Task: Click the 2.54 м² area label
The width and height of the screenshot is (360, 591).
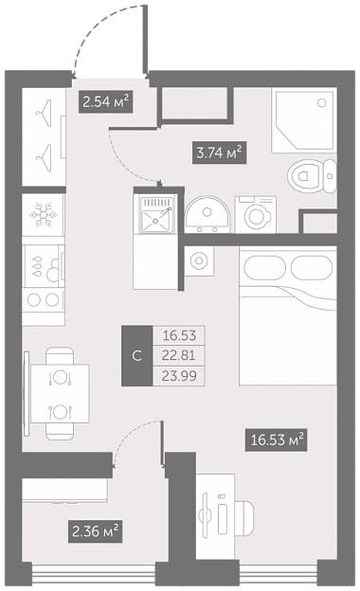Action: (105, 101)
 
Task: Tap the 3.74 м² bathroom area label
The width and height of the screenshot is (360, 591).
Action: (220, 152)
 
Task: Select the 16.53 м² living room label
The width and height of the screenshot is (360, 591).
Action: (277, 439)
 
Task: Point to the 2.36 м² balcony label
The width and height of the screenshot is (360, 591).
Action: (95, 531)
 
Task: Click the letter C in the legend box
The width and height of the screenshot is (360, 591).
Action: (137, 355)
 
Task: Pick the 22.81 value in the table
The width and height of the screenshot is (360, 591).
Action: (179, 355)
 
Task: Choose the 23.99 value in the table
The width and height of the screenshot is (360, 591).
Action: (179, 376)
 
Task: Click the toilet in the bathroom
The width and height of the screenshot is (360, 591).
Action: (312, 176)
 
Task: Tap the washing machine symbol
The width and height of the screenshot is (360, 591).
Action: (256, 215)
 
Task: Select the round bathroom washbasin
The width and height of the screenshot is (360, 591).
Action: (207, 214)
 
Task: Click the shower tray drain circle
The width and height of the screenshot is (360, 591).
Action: (321, 102)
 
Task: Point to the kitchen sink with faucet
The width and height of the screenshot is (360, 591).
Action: (156, 214)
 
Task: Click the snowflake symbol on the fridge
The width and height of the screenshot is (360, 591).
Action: (44, 215)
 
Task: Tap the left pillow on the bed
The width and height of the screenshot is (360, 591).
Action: (265, 268)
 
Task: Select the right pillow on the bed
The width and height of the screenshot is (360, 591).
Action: (312, 268)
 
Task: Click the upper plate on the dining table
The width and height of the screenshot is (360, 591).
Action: (60, 377)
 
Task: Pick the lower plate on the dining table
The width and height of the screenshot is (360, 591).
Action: (60, 411)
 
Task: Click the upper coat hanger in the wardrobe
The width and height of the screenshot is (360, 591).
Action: (45, 110)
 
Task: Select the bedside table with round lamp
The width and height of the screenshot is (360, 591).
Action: (199, 260)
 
